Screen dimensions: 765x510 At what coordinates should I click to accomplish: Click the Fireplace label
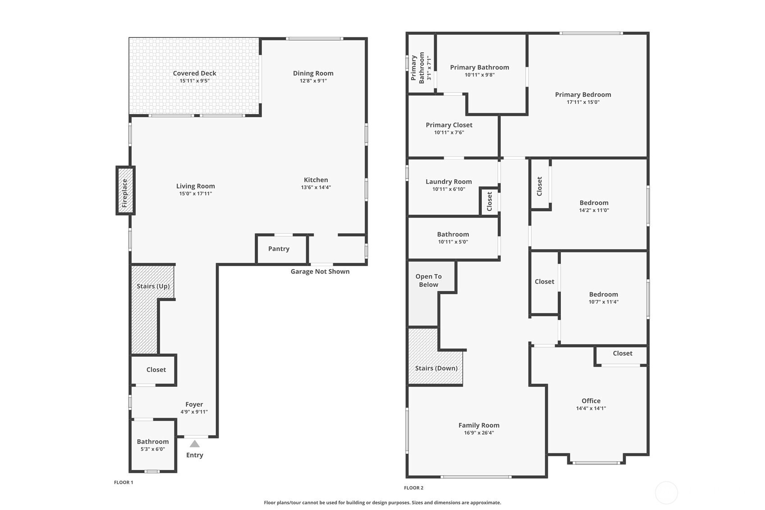125,193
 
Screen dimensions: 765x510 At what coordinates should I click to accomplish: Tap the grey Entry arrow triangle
195,444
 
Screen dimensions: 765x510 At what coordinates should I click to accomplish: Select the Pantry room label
279,248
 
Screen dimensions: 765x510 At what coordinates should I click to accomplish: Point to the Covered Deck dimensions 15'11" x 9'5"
195,81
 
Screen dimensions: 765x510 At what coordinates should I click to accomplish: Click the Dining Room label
313,73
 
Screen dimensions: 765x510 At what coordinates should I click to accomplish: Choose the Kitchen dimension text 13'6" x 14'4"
316,187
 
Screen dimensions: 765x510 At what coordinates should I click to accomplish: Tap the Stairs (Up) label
153,286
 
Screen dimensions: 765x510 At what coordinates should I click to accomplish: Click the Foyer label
194,404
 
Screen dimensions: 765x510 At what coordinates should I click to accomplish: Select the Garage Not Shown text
320,271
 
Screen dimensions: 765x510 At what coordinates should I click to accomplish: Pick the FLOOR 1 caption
124,482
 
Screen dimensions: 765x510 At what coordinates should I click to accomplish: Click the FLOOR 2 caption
413,488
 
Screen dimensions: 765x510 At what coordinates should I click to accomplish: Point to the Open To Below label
429,280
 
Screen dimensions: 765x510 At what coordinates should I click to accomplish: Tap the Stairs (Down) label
436,368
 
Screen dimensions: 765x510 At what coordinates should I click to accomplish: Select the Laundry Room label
449,182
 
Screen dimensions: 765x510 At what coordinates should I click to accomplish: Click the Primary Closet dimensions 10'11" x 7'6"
449,133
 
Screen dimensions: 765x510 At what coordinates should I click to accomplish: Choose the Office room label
591,401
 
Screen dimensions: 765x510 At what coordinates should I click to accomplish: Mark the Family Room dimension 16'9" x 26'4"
479,433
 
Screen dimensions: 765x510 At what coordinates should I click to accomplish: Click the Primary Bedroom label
583,95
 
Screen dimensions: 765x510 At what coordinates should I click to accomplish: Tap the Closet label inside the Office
623,353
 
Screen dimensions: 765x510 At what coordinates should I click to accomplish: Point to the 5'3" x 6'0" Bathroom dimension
153,449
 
